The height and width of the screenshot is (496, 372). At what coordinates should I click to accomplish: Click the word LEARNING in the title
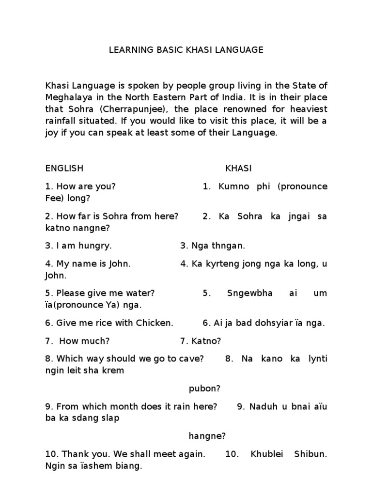point(127,50)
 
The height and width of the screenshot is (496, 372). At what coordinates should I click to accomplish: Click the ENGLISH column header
point(64,168)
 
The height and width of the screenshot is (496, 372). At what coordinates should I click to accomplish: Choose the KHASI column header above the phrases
point(238,168)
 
